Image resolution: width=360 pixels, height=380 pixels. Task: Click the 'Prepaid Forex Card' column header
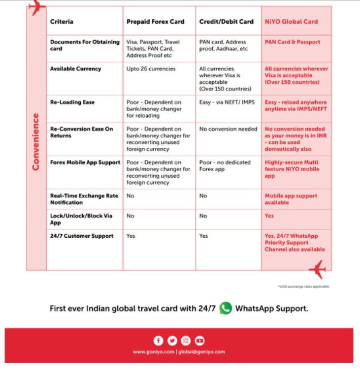point(155,22)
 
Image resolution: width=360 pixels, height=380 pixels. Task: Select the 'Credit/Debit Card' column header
point(226,22)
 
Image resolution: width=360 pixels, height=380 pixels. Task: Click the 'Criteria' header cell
point(62,22)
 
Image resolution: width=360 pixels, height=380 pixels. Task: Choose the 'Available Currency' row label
point(76,69)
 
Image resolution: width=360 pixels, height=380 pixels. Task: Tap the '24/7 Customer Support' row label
point(82,236)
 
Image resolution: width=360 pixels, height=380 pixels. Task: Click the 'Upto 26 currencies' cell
point(151,69)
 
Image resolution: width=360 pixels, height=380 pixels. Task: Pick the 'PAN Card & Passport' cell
point(292,42)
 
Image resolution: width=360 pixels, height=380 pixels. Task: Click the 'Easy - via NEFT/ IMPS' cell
point(227,102)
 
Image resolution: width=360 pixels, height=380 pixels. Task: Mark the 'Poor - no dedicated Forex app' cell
point(225,166)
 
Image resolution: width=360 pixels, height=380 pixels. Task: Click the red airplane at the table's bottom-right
point(318,269)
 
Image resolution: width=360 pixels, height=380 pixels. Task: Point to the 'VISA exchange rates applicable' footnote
point(304,287)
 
